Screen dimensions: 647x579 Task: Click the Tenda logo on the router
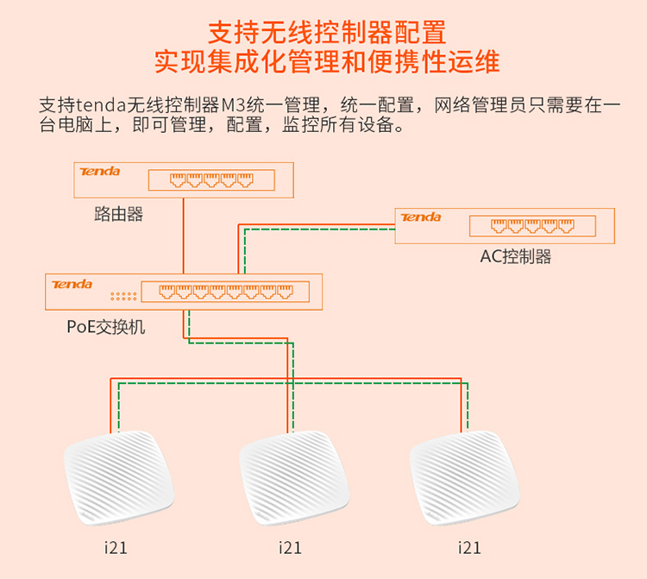coord(100,172)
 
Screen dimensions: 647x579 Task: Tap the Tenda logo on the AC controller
coord(421,217)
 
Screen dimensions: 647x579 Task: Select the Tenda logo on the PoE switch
coord(72,284)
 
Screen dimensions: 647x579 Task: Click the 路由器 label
coord(118,214)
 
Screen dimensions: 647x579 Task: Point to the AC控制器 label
coord(516,256)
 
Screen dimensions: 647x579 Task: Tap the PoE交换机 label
coord(106,327)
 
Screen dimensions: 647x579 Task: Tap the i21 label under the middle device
coord(291,547)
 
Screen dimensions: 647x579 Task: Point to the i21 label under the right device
coord(469,547)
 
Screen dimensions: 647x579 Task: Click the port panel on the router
coord(210,180)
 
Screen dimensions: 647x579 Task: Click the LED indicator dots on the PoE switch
coord(123,296)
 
